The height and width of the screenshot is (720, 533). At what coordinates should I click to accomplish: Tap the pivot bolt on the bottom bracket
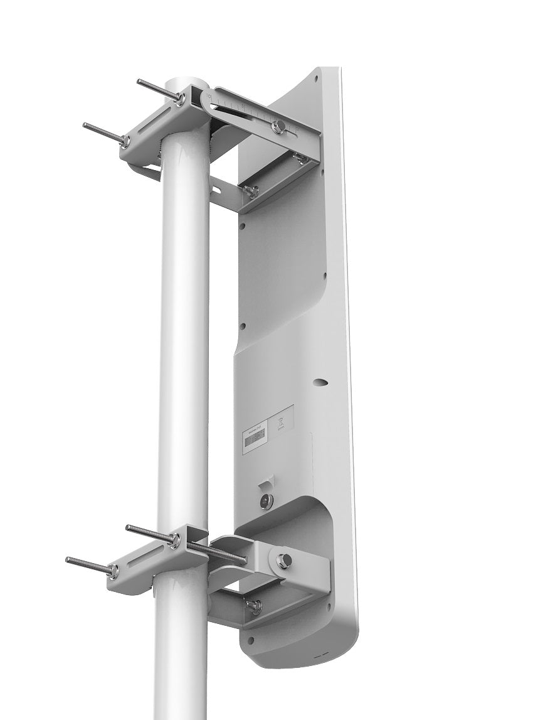tap(283, 561)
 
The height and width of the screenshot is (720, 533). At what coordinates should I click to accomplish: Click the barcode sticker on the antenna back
tap(254, 438)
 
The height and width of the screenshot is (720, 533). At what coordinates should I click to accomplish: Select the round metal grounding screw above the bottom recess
tap(266, 501)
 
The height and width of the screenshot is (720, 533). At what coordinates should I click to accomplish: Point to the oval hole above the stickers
tap(320, 382)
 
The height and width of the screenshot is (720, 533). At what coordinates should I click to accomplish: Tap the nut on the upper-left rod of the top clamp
tap(180, 99)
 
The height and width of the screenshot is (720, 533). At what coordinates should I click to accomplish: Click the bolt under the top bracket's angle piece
tap(251, 191)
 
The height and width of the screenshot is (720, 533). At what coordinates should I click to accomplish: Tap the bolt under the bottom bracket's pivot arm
tap(254, 606)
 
